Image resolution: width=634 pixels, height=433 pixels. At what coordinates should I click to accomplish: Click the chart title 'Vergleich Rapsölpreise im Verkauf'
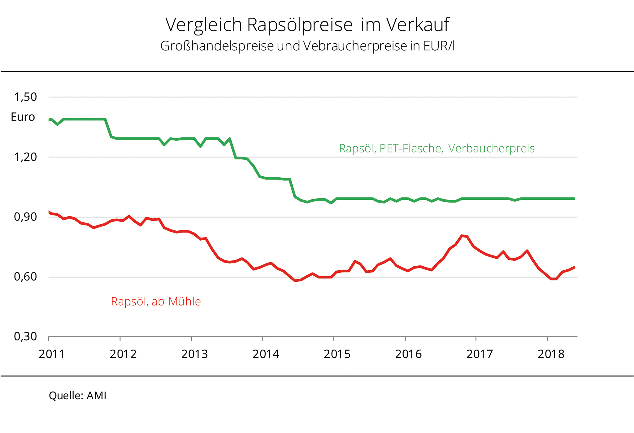(307, 25)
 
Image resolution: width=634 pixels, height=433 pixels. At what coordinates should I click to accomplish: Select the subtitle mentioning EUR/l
(307, 46)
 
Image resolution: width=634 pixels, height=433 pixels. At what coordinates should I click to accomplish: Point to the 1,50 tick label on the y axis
(25, 97)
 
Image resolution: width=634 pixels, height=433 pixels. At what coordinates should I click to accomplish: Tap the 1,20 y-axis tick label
(25, 157)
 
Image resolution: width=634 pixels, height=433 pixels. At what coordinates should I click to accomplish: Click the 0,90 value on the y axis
(25, 217)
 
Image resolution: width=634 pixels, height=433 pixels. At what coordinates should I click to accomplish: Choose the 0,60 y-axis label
(25, 277)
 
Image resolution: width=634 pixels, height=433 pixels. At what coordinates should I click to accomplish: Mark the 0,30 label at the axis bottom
(25, 336)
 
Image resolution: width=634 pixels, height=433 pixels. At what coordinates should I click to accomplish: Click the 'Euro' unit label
(23, 117)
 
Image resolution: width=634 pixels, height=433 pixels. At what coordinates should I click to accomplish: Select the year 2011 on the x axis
(51, 354)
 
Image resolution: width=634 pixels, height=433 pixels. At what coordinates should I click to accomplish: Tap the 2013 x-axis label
(194, 354)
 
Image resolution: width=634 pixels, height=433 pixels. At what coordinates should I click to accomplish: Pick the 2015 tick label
(337, 354)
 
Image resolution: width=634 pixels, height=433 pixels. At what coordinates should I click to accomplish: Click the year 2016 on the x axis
(408, 354)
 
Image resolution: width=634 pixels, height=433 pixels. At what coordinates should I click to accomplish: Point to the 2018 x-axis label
(551, 354)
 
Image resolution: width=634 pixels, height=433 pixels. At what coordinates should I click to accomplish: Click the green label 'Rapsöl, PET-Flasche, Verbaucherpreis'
(436, 148)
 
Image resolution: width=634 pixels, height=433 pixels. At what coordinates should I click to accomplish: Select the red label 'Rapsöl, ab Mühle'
(156, 302)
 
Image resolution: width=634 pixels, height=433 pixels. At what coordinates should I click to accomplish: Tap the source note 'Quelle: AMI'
(77, 396)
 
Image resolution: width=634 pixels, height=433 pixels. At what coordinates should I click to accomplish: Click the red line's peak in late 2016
(462, 236)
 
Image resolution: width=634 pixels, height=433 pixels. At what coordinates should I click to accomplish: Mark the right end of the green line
(574, 199)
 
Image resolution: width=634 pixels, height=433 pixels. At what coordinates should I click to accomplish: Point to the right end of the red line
(574, 268)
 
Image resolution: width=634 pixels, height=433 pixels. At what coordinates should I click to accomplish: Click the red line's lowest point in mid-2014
(295, 281)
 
